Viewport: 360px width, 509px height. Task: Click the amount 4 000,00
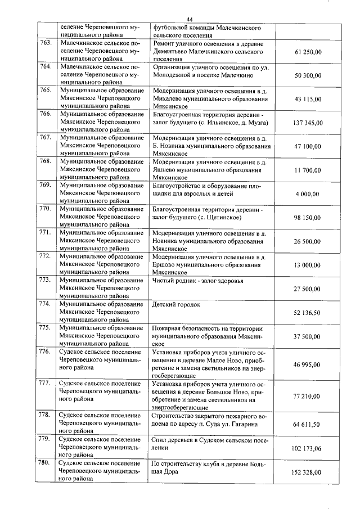(x=308, y=194)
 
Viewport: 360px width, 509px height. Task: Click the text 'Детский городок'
(x=176, y=304)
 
